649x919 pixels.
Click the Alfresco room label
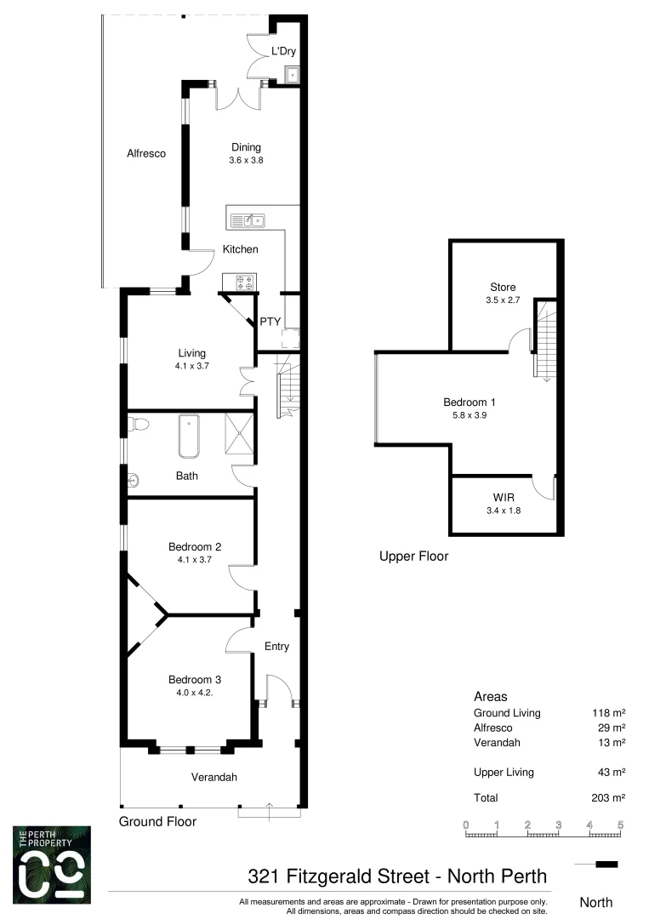[x=145, y=154]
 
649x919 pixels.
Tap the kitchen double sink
[x=248, y=221]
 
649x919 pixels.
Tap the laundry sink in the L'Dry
[x=292, y=74]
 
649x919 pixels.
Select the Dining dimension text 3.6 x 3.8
[x=246, y=160]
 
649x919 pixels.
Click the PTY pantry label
[x=270, y=322]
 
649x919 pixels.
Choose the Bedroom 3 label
[x=195, y=680]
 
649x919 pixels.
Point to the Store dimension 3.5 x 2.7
[x=502, y=300]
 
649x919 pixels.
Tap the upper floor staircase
[x=544, y=340]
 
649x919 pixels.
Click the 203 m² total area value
[x=609, y=798]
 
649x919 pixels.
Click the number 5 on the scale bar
[x=620, y=825]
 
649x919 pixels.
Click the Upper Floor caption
[x=413, y=557]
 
